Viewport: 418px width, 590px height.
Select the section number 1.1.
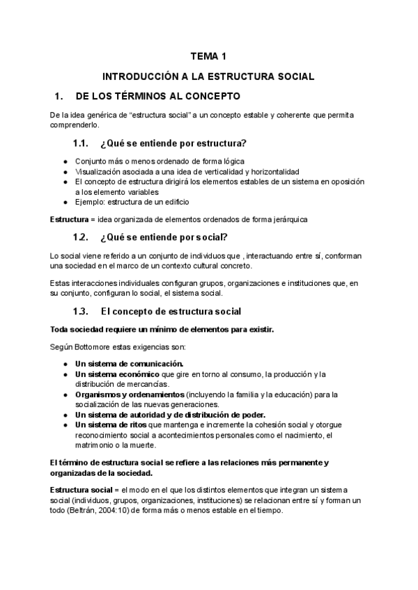coord(82,144)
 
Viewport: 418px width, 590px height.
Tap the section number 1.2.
coord(82,237)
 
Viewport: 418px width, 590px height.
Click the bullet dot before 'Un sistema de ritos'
coord(65,425)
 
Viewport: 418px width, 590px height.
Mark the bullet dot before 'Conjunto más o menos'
coord(65,161)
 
